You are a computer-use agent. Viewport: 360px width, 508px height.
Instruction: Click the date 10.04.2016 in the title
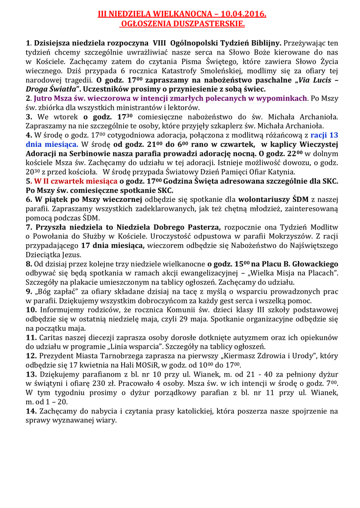240,15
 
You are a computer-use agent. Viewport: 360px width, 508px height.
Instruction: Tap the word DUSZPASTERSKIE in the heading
206,24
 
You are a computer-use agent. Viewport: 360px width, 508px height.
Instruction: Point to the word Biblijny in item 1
265,43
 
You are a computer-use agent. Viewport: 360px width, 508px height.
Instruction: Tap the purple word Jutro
44,99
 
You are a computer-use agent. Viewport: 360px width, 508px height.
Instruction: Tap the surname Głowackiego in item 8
310,263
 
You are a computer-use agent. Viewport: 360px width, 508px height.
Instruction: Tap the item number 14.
30,411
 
